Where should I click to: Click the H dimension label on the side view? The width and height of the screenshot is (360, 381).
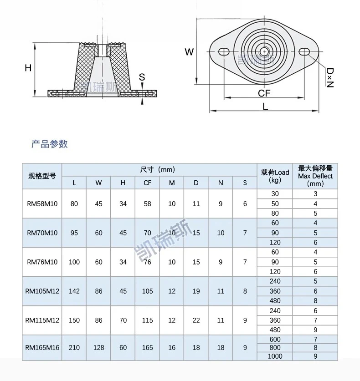[28, 68]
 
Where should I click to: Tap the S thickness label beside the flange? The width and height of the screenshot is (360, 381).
[142, 77]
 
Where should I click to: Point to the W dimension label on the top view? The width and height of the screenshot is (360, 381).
[189, 52]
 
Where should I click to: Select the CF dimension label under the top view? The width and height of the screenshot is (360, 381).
[264, 93]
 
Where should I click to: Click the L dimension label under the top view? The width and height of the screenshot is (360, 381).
[265, 107]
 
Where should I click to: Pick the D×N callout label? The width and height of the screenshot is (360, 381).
[330, 77]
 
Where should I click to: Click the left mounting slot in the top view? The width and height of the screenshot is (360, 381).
[224, 52]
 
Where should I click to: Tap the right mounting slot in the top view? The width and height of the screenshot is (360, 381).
[304, 52]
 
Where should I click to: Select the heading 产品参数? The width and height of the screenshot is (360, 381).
[50, 144]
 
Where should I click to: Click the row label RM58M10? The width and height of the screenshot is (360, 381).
[42, 203]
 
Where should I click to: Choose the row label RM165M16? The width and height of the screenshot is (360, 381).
[42, 347]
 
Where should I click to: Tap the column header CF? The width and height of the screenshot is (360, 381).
[147, 183]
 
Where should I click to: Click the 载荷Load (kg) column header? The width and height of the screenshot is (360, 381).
[275, 176]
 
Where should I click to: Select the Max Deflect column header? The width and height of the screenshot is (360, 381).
[315, 176]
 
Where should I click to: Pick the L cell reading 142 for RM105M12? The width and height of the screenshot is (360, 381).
[74, 291]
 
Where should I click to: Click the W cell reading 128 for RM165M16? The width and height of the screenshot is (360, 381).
[98, 347]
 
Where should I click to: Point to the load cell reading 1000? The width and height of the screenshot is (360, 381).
[275, 356]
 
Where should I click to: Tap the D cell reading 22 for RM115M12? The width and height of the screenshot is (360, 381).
[196, 320]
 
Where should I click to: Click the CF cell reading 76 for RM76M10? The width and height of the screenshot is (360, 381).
[147, 262]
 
